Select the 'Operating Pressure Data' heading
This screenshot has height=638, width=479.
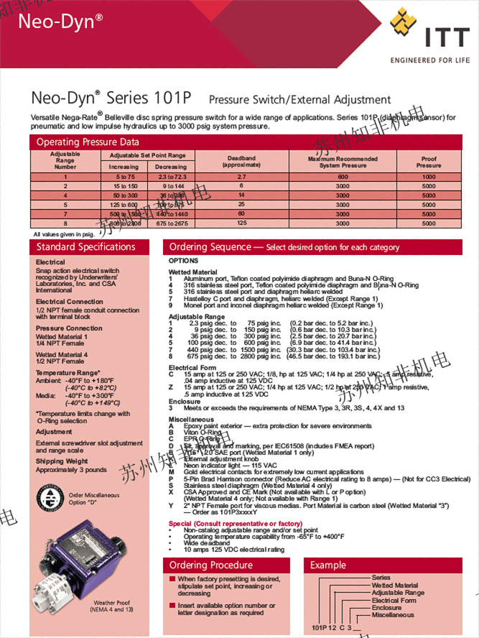click(88, 142)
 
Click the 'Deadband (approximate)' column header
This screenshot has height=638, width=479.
click(241, 161)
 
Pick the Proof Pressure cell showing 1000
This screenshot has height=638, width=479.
click(429, 176)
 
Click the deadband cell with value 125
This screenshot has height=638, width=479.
click(241, 223)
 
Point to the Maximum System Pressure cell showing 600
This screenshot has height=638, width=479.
click(343, 176)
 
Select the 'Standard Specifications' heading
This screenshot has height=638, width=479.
click(85, 247)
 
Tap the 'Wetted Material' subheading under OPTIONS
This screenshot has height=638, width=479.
click(192, 272)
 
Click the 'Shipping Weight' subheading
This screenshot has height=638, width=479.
click(62, 461)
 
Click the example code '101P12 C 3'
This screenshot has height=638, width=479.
click(331, 627)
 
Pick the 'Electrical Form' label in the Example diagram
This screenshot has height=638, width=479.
click(394, 600)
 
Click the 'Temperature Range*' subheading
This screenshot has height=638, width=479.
click(68, 373)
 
